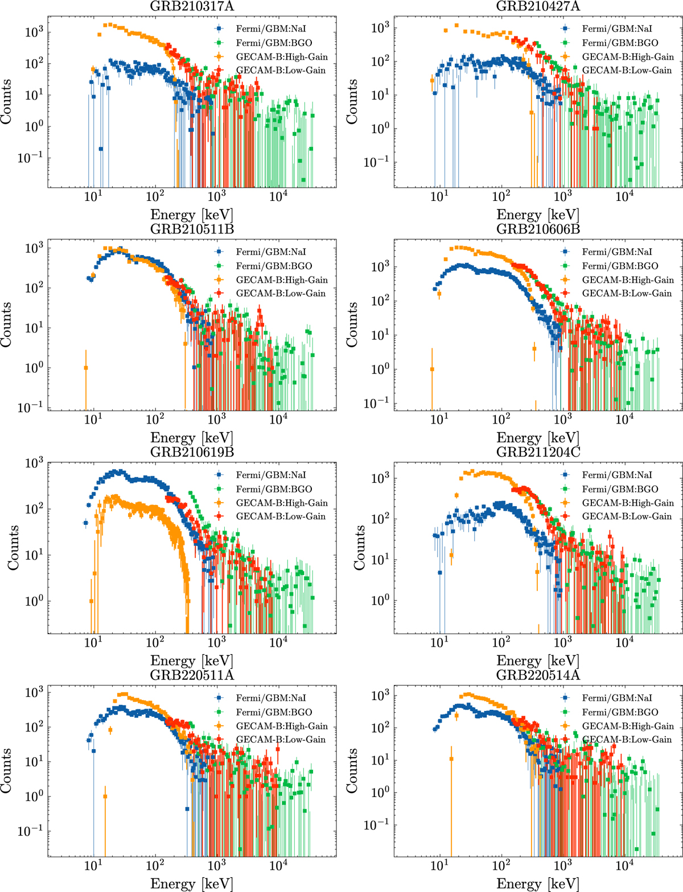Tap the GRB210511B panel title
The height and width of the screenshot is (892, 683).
(x=191, y=229)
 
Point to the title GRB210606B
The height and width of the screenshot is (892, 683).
(x=538, y=229)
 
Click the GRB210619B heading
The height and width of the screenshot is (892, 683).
(x=191, y=453)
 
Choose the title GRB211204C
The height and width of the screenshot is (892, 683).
(x=538, y=453)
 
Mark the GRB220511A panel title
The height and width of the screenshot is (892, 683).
(x=191, y=676)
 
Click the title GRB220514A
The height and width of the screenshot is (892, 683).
(x=538, y=676)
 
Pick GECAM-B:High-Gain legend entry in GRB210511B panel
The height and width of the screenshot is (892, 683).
(x=281, y=279)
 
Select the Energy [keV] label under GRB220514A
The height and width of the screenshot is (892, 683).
(x=538, y=883)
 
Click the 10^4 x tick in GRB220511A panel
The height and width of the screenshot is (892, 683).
(x=278, y=865)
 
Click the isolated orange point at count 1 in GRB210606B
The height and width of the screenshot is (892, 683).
(x=432, y=369)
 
